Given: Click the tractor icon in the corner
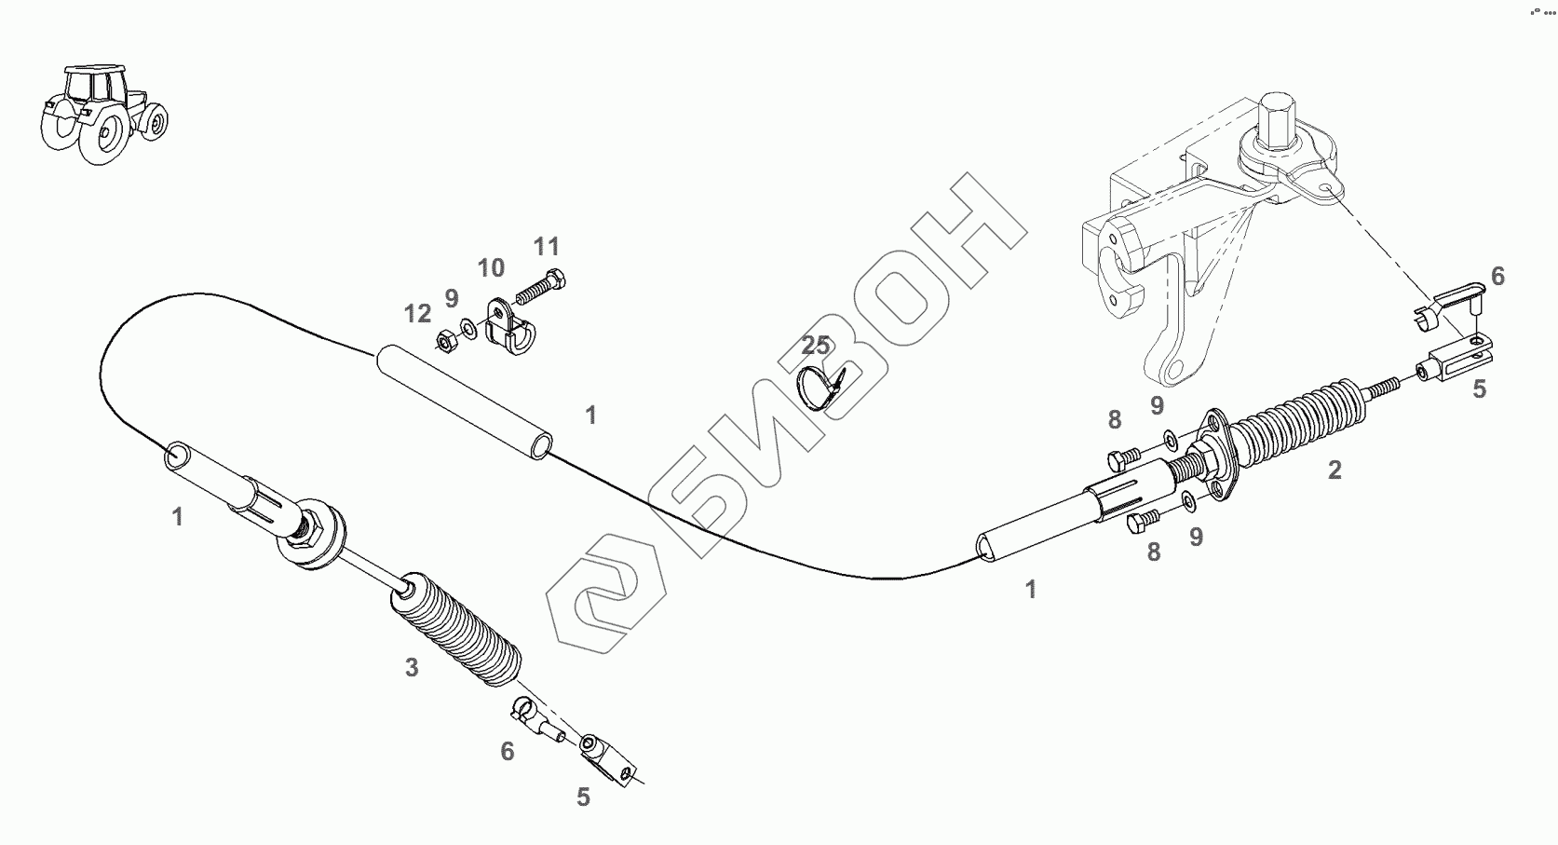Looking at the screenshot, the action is [102, 114].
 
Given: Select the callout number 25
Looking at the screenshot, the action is [816, 346].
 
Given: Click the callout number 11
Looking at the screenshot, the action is [547, 247].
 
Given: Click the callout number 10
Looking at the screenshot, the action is [491, 268].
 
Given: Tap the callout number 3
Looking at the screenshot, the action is [412, 667].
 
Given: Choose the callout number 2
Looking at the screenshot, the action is [1334, 470].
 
